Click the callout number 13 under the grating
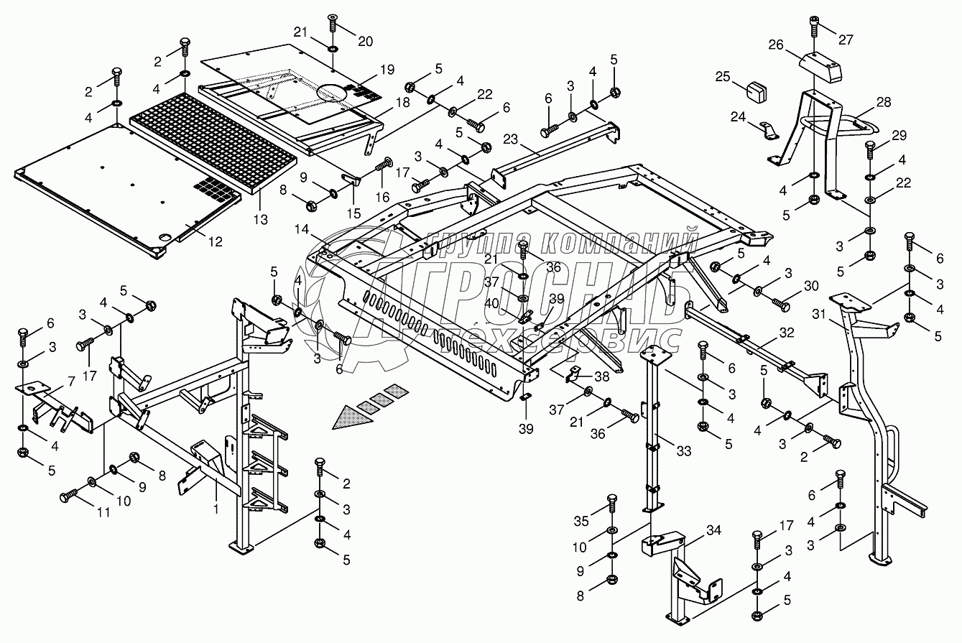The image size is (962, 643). (261, 219)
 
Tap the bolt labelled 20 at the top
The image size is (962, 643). (333, 22)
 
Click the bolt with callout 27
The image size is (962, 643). (814, 25)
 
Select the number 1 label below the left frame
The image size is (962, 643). (216, 509)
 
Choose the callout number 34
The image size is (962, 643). (713, 530)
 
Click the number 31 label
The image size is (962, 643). (818, 315)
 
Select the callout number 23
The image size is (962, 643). (511, 139)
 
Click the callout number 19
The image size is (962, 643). (387, 70)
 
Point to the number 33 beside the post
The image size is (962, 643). (684, 450)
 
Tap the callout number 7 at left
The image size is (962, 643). (71, 381)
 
